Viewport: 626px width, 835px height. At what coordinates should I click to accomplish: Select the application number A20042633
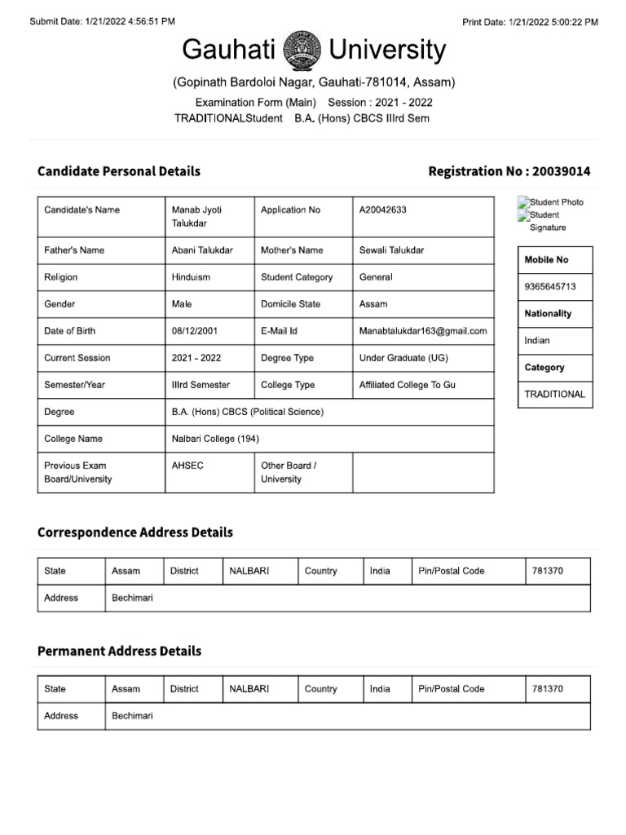pyautogui.click(x=382, y=210)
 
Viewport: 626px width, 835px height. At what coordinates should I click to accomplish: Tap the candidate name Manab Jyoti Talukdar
pyautogui.click(x=196, y=216)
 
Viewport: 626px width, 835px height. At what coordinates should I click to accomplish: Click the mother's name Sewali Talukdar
pyautogui.click(x=391, y=250)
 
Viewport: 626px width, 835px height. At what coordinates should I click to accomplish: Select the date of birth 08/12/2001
pyautogui.click(x=195, y=331)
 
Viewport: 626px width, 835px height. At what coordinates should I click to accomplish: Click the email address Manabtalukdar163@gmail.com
pyautogui.click(x=423, y=331)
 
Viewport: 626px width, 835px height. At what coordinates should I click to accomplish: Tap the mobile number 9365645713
pyautogui.click(x=550, y=287)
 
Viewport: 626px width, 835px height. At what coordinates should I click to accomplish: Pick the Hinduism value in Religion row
pyautogui.click(x=191, y=277)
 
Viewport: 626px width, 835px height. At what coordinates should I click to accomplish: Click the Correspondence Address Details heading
pyautogui.click(x=135, y=532)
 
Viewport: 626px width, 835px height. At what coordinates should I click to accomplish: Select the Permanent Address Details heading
pyautogui.click(x=119, y=652)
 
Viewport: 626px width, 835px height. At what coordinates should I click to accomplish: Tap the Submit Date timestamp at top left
pyautogui.click(x=102, y=22)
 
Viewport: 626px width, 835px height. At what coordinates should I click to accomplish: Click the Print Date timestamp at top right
pyautogui.click(x=530, y=22)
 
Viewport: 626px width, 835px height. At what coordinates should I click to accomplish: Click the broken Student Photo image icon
pyautogui.click(x=523, y=201)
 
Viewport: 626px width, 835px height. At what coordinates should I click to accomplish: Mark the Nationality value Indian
pyautogui.click(x=537, y=341)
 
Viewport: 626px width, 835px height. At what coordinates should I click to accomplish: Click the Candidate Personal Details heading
pyautogui.click(x=119, y=171)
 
